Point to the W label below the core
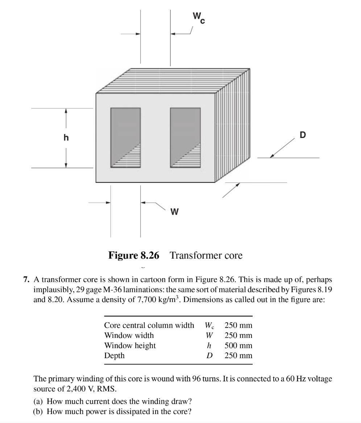pyautogui.click(x=174, y=211)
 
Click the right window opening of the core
pyautogui.click(x=185, y=138)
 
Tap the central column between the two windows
pyautogui.click(x=155, y=138)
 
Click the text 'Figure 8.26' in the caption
pyautogui.click(x=134, y=256)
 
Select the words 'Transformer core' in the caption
pyautogui.click(x=206, y=256)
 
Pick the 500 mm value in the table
pyautogui.click(x=238, y=345)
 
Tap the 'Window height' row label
pyautogui.click(x=130, y=345)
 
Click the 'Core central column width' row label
pyautogui.click(x=149, y=325)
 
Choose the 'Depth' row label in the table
pyautogui.click(x=114, y=356)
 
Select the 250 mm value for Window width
pyautogui.click(x=238, y=335)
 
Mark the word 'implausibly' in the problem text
pyautogui.click(x=51, y=290)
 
